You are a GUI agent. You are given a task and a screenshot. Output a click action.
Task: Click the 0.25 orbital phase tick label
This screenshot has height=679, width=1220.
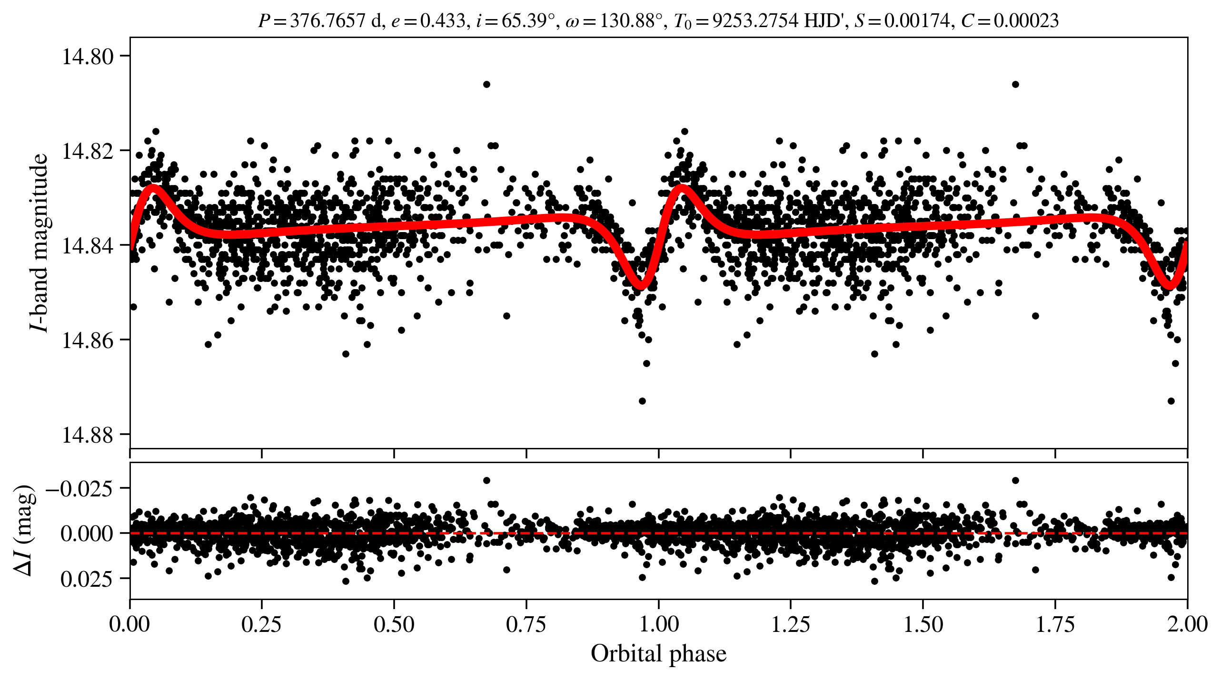[261, 624]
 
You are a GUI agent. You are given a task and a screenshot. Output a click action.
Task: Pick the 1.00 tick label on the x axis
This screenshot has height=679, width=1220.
[658, 624]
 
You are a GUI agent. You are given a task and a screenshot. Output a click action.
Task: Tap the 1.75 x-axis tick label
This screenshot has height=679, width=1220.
[1055, 624]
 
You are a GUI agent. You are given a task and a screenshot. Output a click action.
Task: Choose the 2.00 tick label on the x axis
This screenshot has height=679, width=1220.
[1187, 624]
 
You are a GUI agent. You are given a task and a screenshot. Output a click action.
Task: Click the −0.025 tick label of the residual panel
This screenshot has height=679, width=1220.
[79, 488]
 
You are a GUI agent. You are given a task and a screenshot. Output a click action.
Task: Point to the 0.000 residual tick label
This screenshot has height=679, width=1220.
[87, 533]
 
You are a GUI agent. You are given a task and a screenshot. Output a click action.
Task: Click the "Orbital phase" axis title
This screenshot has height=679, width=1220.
[658, 654]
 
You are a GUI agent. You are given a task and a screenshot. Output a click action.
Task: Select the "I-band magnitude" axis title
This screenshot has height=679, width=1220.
[39, 242]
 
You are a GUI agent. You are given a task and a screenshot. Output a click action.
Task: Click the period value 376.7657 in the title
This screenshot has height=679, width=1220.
[328, 21]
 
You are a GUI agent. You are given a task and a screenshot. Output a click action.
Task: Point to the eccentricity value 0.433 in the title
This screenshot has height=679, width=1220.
[442, 21]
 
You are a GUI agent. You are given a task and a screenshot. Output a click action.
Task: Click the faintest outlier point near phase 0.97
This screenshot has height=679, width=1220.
[642, 401]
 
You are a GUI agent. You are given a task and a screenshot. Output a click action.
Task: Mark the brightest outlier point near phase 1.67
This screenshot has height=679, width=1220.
[1015, 85]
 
